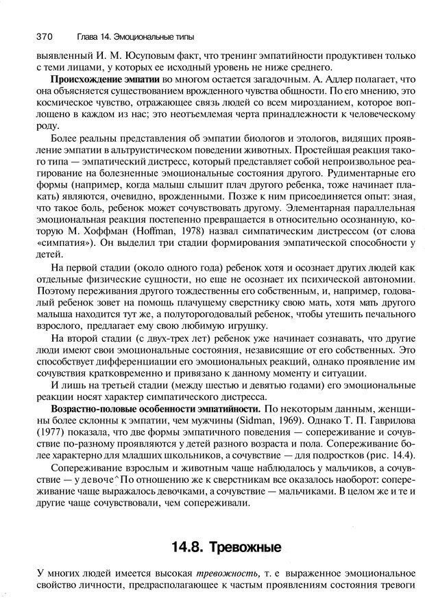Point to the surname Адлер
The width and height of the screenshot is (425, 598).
pos(349,79)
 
